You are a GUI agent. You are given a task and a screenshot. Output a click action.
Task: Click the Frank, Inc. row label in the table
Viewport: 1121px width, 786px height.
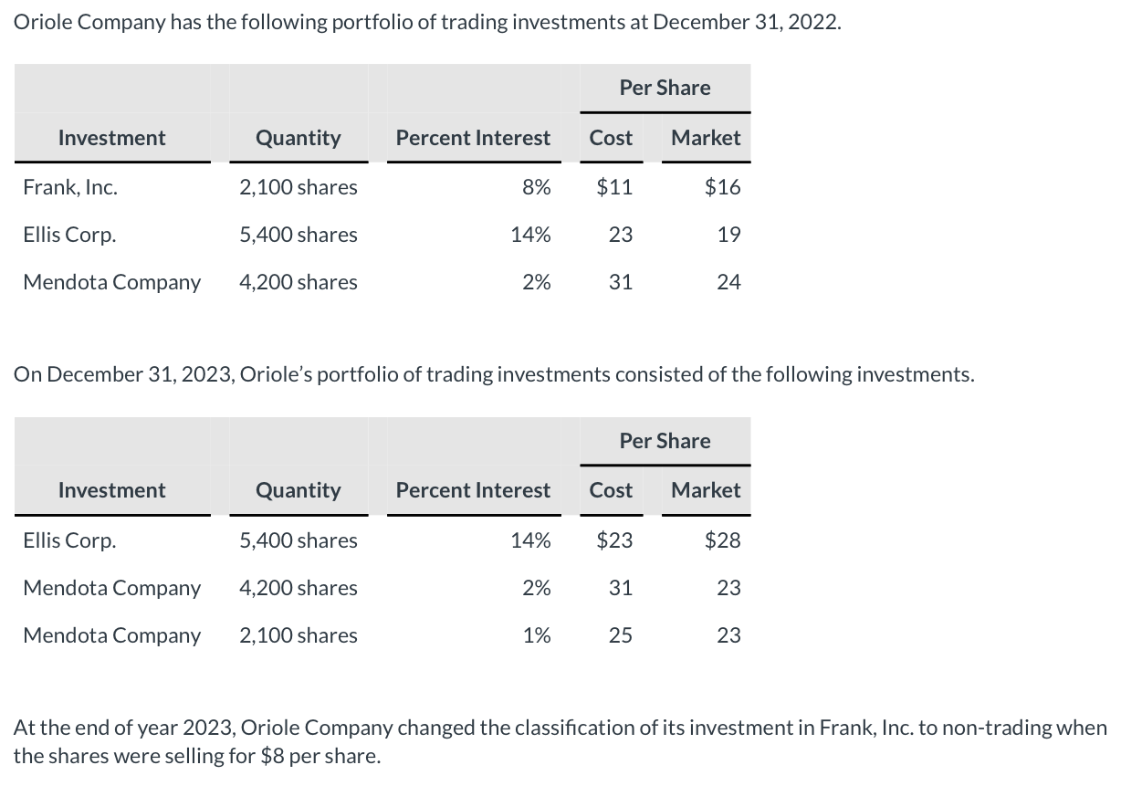[x=69, y=187]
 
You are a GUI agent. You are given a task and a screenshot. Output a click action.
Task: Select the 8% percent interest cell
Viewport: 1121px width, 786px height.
[x=536, y=187]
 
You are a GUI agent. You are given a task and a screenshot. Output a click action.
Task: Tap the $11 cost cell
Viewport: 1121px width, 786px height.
[x=613, y=187]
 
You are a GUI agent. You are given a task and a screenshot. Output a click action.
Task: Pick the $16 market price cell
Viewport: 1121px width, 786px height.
[x=722, y=187]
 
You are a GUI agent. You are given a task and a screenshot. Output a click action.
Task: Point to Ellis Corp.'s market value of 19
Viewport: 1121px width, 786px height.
[x=728, y=235]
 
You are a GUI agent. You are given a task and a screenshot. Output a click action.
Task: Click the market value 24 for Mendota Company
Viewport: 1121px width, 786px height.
[x=728, y=282]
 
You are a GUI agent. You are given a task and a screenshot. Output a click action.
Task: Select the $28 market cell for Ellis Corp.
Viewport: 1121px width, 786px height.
[x=722, y=540]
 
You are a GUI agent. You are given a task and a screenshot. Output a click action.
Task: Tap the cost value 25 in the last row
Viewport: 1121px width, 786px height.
[x=620, y=635]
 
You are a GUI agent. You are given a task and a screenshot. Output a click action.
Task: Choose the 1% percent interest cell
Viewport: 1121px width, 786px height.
[x=536, y=635]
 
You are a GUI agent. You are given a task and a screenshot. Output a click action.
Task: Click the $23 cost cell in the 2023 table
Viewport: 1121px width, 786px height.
[x=613, y=540]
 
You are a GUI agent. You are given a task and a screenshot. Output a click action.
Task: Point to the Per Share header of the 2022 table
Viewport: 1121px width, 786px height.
[x=665, y=88]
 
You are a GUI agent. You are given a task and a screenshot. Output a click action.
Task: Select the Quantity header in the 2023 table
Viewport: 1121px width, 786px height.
[x=298, y=490]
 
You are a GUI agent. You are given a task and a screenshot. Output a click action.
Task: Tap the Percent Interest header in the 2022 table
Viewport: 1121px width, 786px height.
[x=473, y=138]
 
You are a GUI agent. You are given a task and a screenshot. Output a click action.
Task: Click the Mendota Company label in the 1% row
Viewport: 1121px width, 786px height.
[x=111, y=635]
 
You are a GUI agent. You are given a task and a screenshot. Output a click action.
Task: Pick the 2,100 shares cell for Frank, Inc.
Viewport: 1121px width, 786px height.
[x=298, y=187]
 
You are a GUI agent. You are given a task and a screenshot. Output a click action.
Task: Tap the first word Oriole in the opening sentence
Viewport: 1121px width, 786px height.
[x=43, y=23]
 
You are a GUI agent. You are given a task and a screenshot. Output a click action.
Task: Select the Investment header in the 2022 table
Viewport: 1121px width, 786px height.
[x=111, y=138]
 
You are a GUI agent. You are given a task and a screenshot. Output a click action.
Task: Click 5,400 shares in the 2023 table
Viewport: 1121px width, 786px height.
[x=298, y=540]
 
